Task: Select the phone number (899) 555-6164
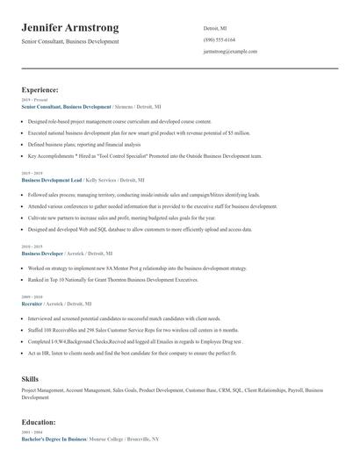click(220, 39)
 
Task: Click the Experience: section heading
click(40, 89)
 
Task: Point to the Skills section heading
click(30, 378)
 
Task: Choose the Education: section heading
click(39, 421)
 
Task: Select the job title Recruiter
click(32, 303)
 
